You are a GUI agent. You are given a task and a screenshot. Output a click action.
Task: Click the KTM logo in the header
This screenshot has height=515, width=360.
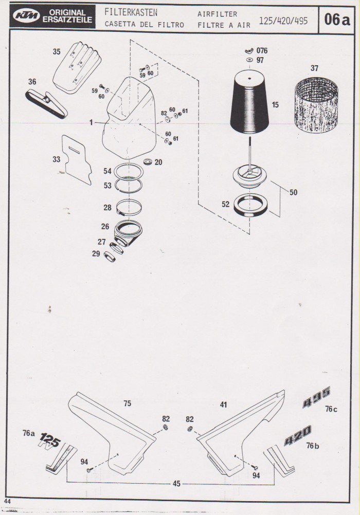27,15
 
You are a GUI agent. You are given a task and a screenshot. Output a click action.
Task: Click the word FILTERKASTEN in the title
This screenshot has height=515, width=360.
131,12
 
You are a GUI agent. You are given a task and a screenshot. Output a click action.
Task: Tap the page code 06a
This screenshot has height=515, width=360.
337,20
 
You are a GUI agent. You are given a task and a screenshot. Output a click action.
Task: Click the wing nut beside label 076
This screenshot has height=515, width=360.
249,51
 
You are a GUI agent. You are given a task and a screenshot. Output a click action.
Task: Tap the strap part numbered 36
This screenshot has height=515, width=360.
46,102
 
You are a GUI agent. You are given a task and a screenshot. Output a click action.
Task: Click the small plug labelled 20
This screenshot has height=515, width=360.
149,161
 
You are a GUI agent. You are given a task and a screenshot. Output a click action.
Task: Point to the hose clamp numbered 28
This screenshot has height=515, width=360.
129,208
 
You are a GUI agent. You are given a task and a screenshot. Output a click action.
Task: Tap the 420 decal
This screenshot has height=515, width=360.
298,435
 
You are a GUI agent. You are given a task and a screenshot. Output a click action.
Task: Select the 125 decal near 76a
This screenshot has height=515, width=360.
50,440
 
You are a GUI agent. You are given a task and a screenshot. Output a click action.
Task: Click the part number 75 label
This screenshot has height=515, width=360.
127,403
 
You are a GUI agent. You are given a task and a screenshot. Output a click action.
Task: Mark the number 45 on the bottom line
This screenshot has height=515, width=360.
176,484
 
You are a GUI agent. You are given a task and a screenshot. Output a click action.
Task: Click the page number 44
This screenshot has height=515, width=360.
7,501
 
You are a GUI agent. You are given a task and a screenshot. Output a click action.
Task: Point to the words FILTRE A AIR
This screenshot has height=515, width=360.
224,25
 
